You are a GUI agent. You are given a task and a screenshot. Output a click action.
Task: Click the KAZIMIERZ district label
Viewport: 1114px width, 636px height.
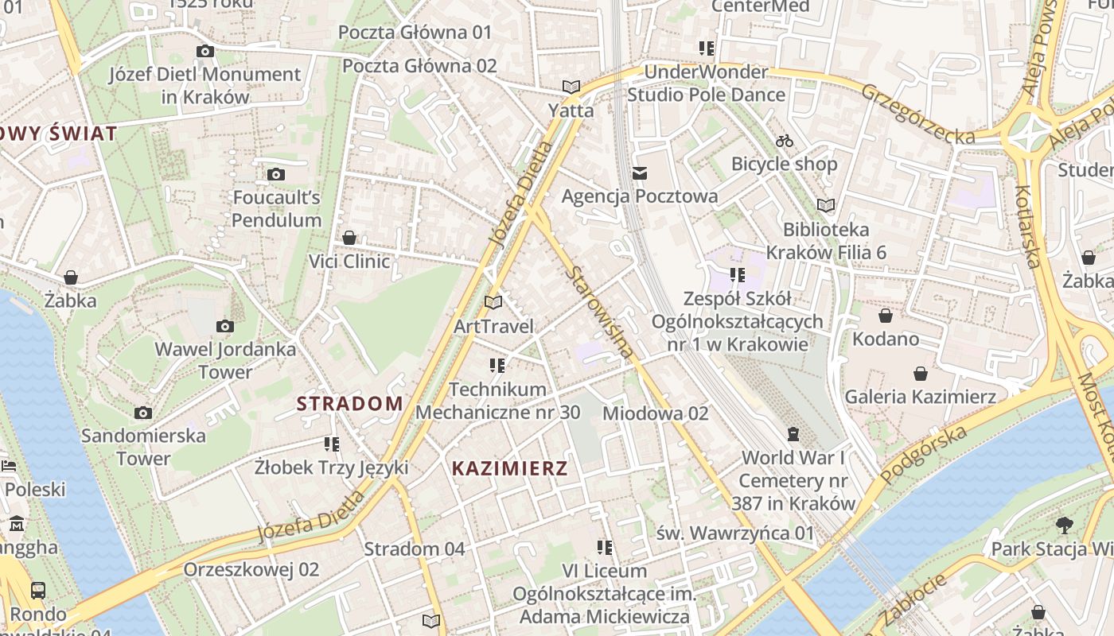pos(510,468)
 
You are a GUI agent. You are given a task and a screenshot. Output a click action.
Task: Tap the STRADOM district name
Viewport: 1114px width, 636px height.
pos(350,403)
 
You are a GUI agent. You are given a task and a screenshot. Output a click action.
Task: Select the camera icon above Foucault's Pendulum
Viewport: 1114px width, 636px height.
pos(276,174)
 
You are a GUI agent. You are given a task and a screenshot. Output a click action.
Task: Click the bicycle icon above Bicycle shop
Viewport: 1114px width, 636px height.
pos(785,141)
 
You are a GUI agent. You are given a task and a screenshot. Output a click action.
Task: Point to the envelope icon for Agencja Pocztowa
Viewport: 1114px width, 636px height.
pos(640,173)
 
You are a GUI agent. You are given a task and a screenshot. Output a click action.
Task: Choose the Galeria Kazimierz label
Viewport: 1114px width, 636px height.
pos(920,396)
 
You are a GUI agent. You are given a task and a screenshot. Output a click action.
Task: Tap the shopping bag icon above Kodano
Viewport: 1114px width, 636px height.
pos(885,316)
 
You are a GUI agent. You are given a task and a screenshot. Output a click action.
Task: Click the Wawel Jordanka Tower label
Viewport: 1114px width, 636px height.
pos(214,360)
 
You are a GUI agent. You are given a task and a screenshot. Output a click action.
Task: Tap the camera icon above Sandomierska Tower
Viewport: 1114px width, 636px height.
pos(143,413)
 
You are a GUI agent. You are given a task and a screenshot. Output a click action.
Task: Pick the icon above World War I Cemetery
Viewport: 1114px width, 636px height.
pos(793,434)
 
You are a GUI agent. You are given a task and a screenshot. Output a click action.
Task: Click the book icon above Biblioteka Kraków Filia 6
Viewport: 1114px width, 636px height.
pos(826,205)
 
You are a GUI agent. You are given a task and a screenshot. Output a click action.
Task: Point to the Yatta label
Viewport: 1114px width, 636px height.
pos(571,110)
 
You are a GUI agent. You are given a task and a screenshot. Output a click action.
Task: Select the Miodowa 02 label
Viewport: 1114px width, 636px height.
pos(655,413)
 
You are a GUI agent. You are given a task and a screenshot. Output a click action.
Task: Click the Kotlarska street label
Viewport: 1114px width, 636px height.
pos(1029,226)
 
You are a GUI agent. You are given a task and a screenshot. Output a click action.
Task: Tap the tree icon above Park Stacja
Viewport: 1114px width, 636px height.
pos(1064,525)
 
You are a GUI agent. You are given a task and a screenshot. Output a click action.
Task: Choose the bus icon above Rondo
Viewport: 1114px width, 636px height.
pos(37,590)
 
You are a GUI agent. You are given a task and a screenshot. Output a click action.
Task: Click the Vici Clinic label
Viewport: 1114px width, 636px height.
pos(349,261)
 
